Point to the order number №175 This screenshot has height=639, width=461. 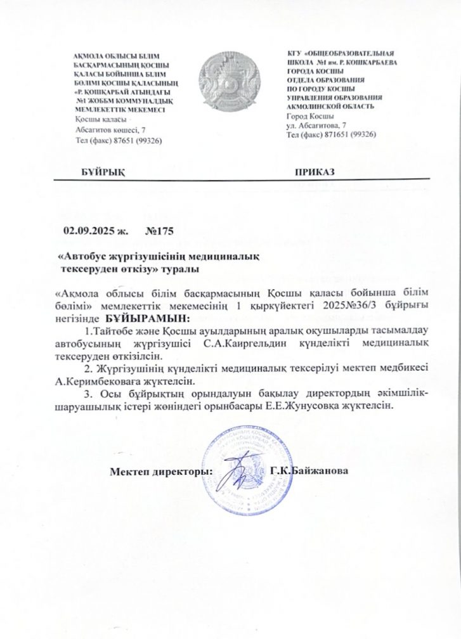(x=159, y=231)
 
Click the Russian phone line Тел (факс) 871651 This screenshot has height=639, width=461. (x=332, y=135)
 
